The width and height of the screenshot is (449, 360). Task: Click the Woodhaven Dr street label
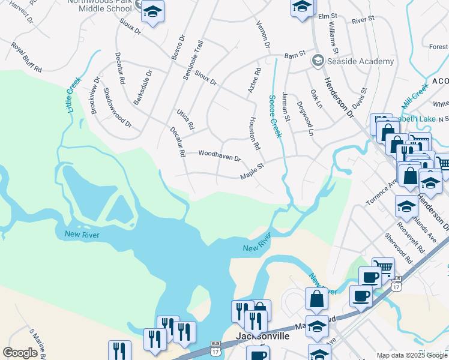coord(219,156)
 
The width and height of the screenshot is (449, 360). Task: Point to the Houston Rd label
coord(254,133)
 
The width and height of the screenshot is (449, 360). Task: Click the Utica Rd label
coord(185,120)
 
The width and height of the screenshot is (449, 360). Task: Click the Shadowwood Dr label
coord(117,108)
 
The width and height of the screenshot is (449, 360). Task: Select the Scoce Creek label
coord(275,115)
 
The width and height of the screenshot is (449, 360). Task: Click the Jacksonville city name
coord(264,336)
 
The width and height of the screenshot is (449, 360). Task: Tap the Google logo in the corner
coord(20,353)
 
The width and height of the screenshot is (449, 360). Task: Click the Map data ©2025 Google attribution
coord(412,355)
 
